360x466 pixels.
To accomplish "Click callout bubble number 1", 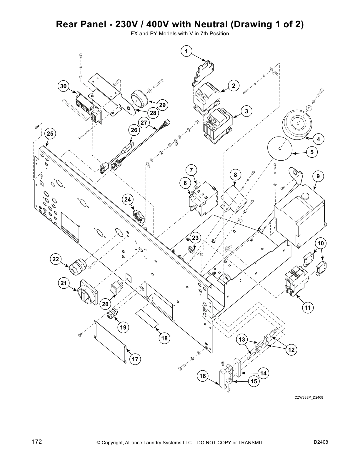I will click(186, 51).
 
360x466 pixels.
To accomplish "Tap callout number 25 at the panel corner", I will click(50, 134).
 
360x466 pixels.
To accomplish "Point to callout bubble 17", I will click(135, 359).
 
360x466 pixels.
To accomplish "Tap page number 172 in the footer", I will click(37, 442).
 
